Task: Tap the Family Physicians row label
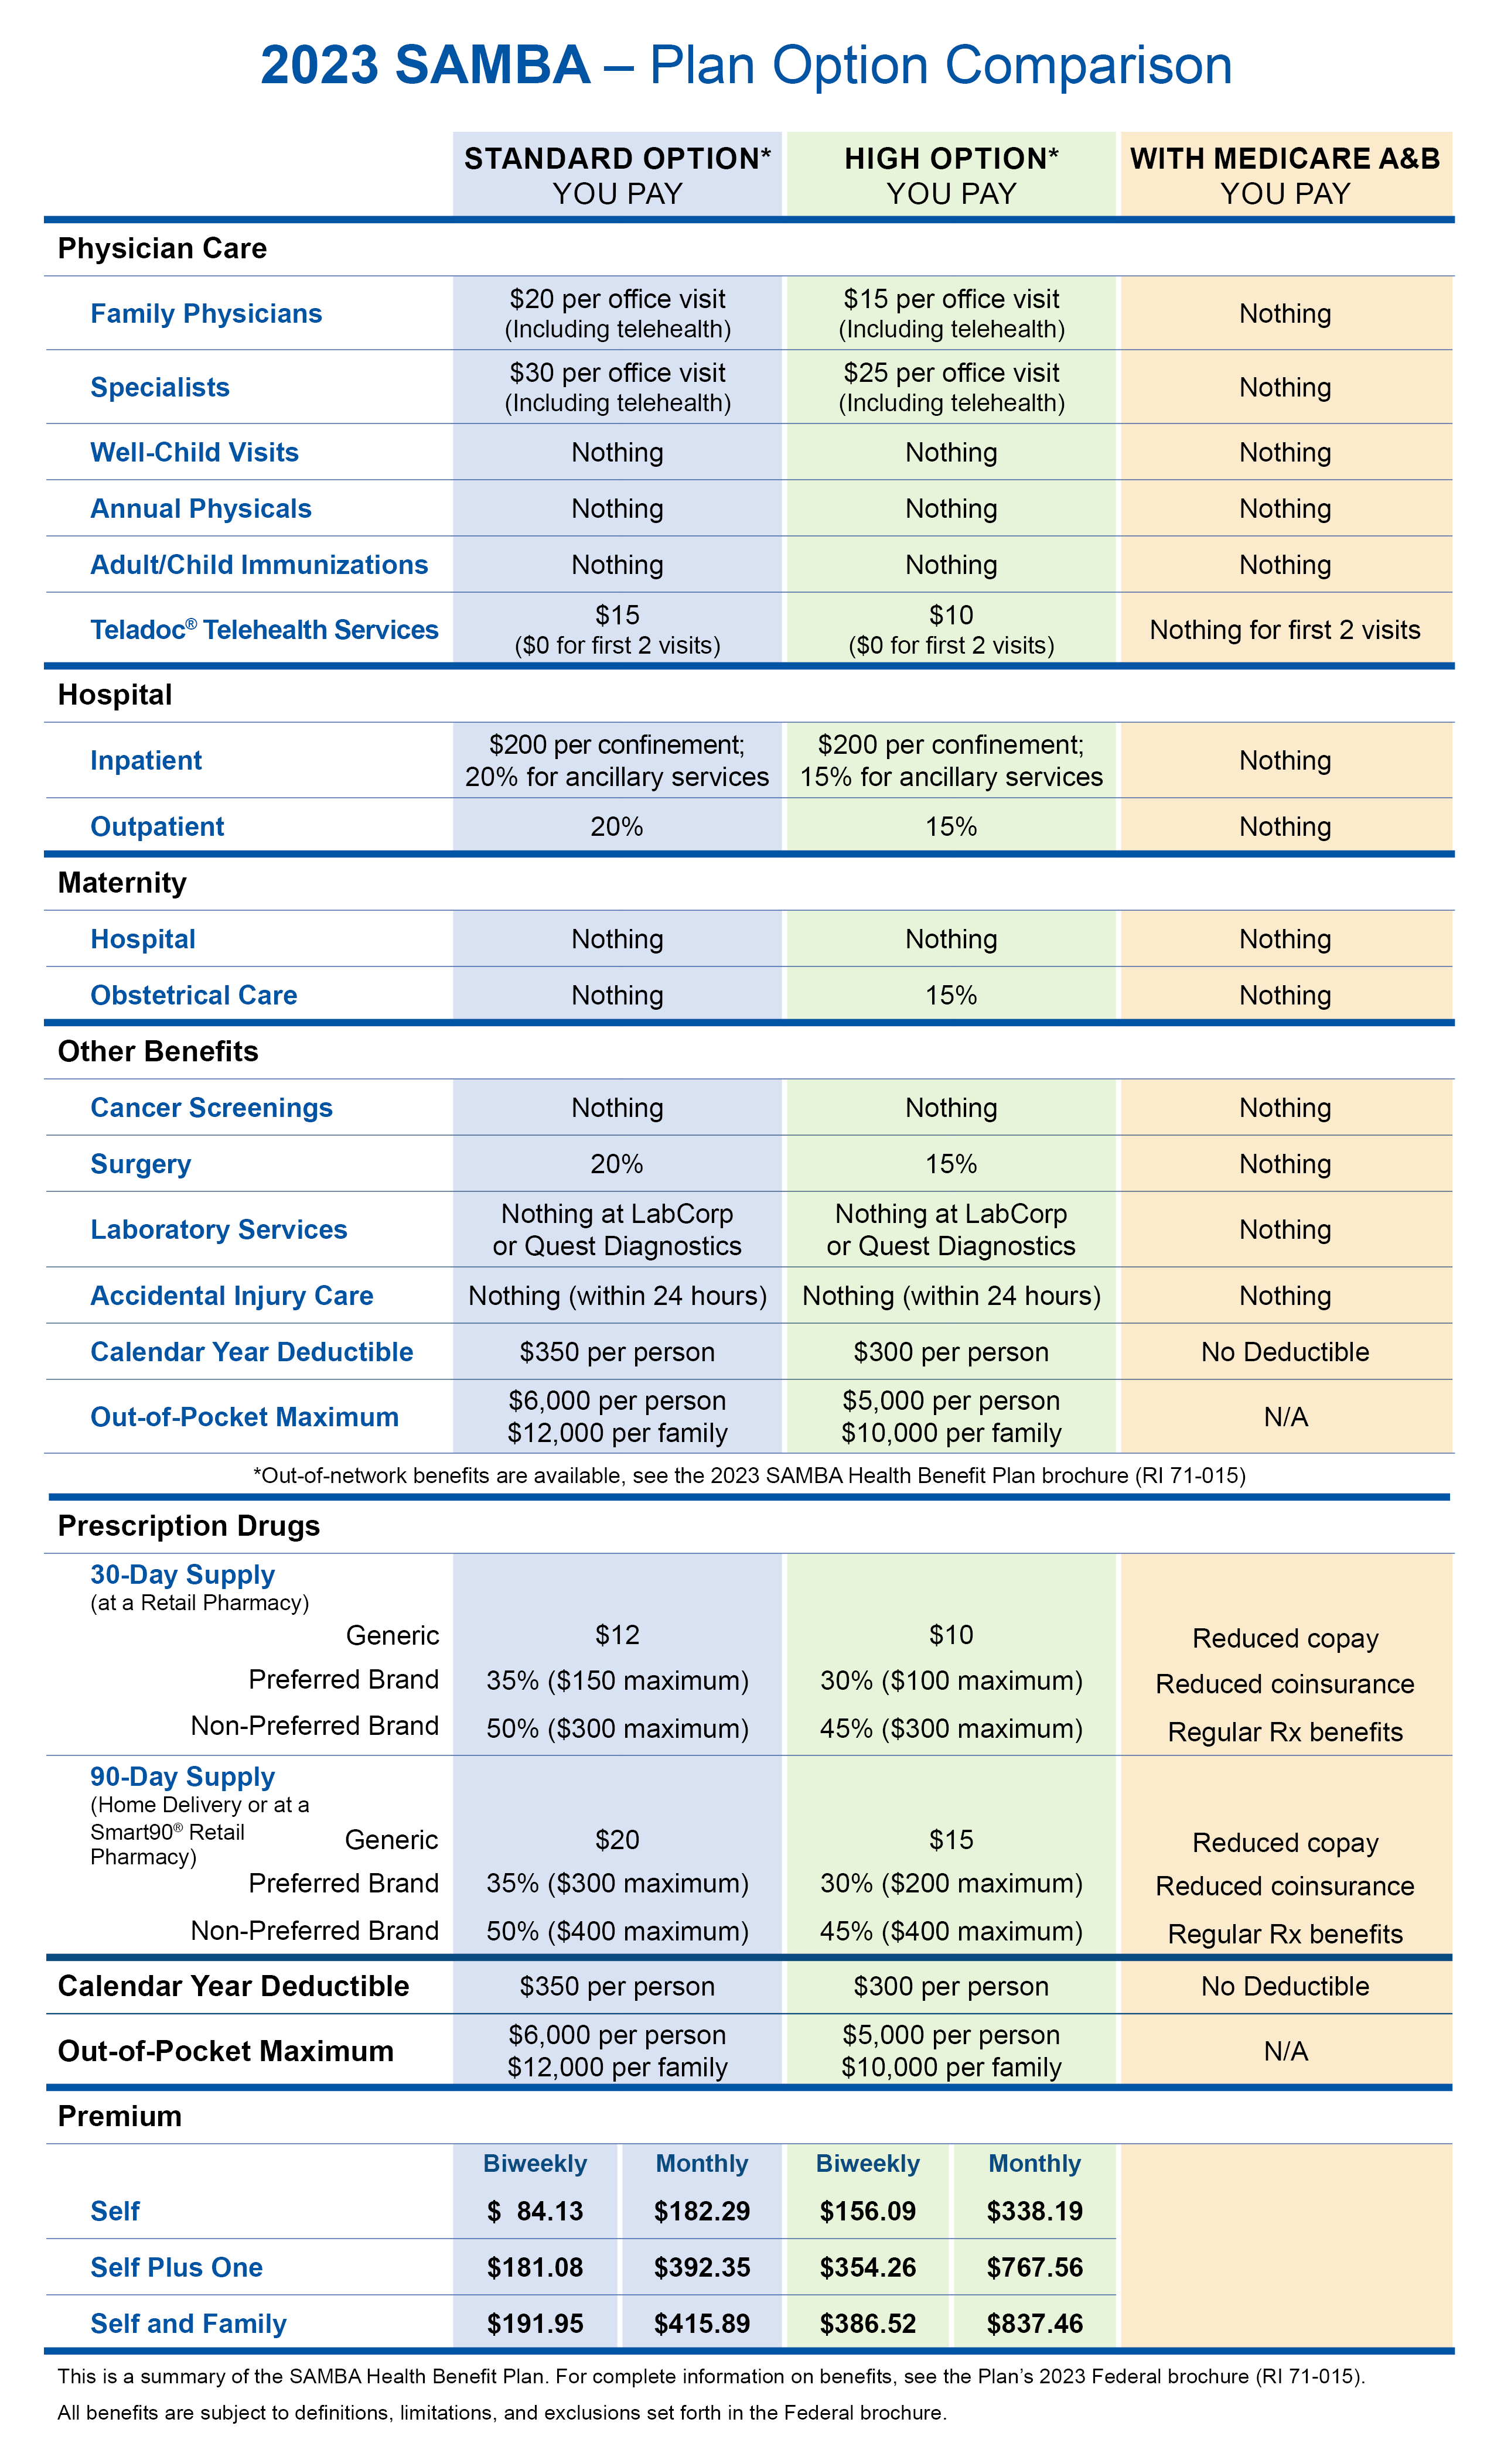click(206, 313)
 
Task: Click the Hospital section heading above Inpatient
click(115, 695)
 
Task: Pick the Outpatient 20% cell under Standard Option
click(617, 826)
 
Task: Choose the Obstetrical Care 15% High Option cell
click(951, 995)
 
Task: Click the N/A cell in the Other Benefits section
click(1285, 1417)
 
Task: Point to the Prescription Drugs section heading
click(189, 1526)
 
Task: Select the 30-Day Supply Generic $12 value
click(617, 1634)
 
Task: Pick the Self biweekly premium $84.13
click(535, 2212)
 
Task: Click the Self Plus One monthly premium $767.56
click(1035, 2267)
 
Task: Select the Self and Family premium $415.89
click(702, 2323)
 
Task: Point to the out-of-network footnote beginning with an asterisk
click(749, 1475)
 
